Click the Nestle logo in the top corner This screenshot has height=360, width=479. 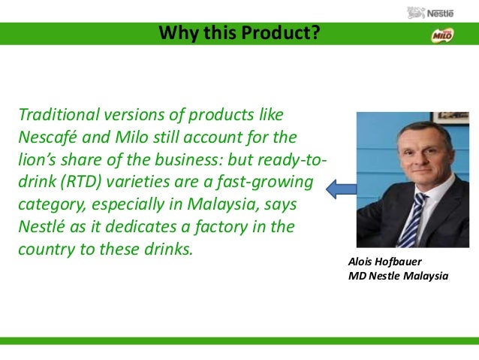pyautogui.click(x=430, y=13)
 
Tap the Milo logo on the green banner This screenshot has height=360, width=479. pyautogui.click(x=442, y=35)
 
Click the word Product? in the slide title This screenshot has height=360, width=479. pyautogui.click(x=281, y=32)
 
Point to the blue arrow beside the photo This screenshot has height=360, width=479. pyautogui.click(x=341, y=189)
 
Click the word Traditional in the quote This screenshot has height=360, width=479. pyautogui.click(x=59, y=114)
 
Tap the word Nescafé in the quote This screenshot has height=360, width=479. pyautogui.click(x=47, y=137)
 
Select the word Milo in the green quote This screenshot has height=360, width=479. pyautogui.click(x=131, y=137)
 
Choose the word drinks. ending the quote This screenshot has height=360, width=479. pyautogui.click(x=169, y=249)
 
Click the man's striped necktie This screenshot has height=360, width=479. pyautogui.click(x=413, y=220)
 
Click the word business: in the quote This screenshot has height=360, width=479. pyautogui.click(x=188, y=159)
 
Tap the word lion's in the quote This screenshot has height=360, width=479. pyautogui.click(x=37, y=159)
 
